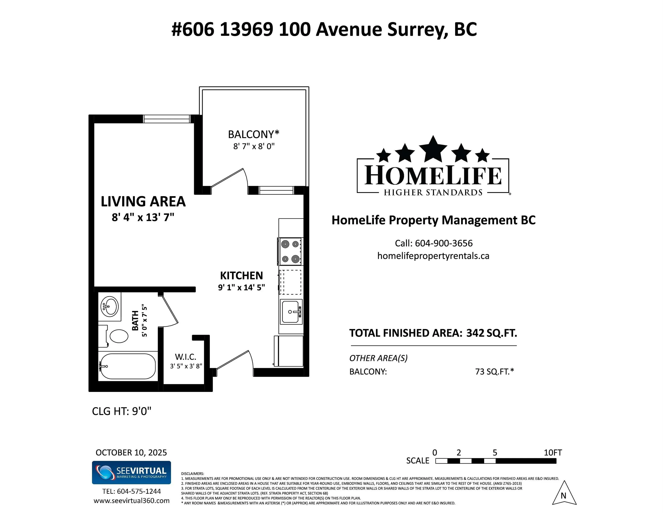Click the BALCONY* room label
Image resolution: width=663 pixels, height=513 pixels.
(x=254, y=134)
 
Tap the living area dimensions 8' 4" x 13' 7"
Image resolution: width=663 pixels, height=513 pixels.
(x=143, y=218)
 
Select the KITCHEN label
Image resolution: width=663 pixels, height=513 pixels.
(x=241, y=276)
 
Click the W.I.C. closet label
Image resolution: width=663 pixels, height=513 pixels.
(x=185, y=357)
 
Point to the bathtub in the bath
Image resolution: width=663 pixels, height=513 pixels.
(x=127, y=366)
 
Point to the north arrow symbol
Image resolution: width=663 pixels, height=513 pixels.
(x=564, y=494)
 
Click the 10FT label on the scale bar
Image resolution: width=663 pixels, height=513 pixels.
(x=552, y=452)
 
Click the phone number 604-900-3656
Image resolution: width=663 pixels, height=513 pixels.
(x=443, y=243)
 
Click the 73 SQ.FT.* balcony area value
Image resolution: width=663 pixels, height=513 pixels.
(x=494, y=371)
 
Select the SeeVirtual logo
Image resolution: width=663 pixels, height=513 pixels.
(x=131, y=472)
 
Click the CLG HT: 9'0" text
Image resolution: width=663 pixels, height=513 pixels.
(x=121, y=411)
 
